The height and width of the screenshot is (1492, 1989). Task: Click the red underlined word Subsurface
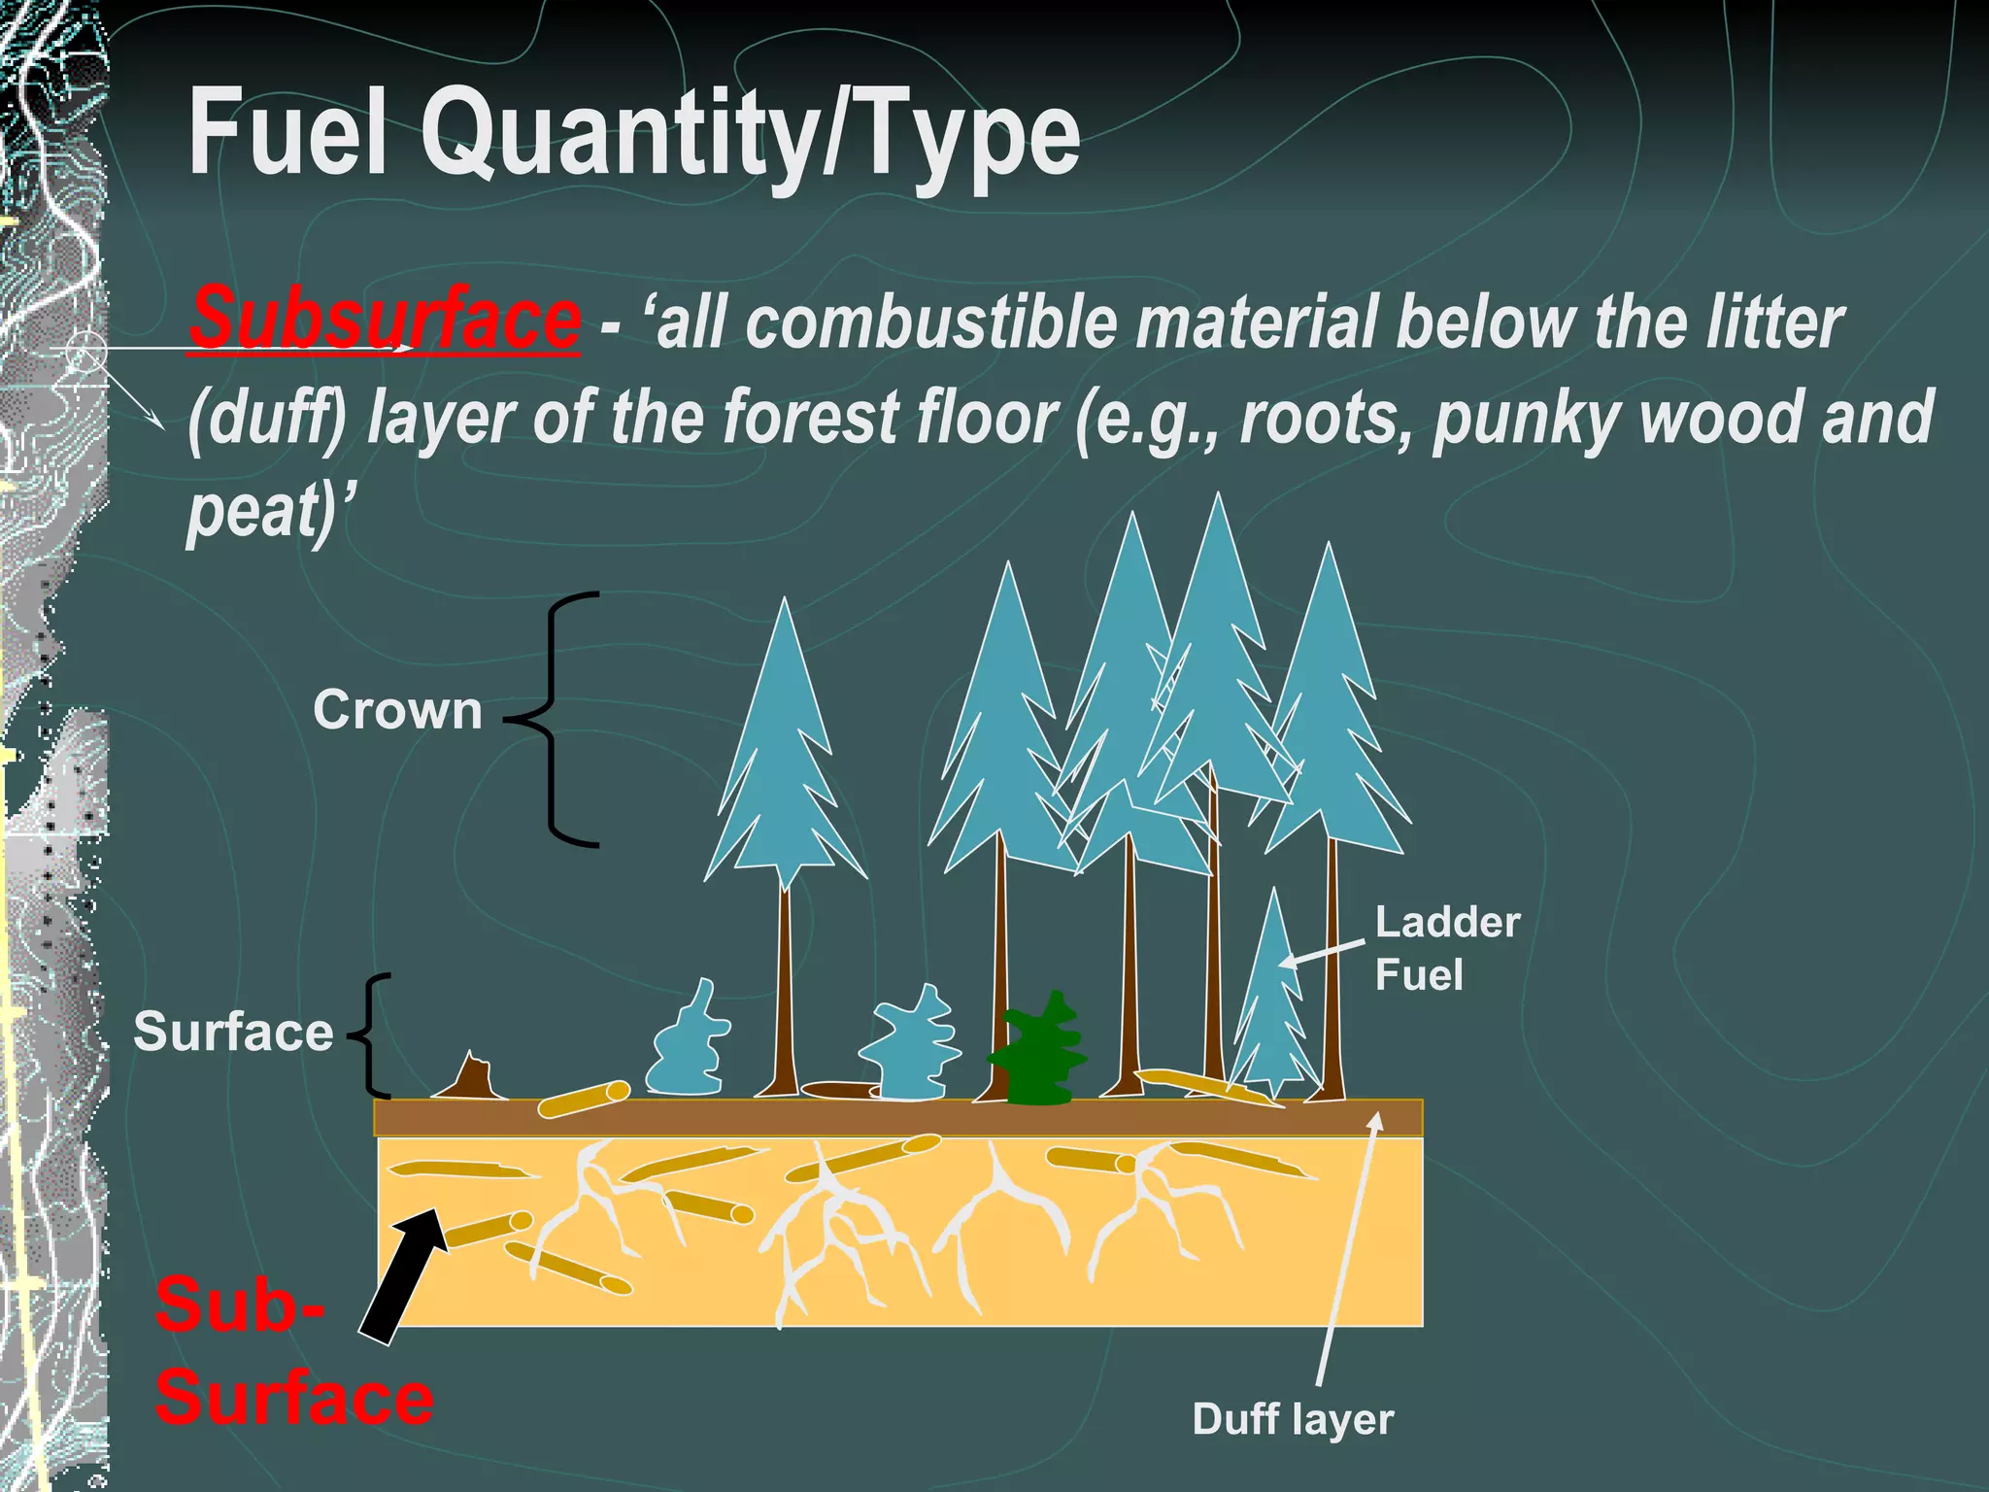point(386,319)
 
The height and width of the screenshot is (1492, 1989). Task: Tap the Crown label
point(397,710)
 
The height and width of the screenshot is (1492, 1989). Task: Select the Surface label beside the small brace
point(233,1032)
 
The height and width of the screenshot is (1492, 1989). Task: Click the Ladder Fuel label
point(1446,948)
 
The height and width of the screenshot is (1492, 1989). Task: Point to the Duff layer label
point(1293,1419)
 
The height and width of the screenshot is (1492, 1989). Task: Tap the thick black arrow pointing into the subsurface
point(401,1275)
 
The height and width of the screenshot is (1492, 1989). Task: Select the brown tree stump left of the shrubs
point(472,1079)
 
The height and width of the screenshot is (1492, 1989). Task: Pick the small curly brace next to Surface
point(373,1034)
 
